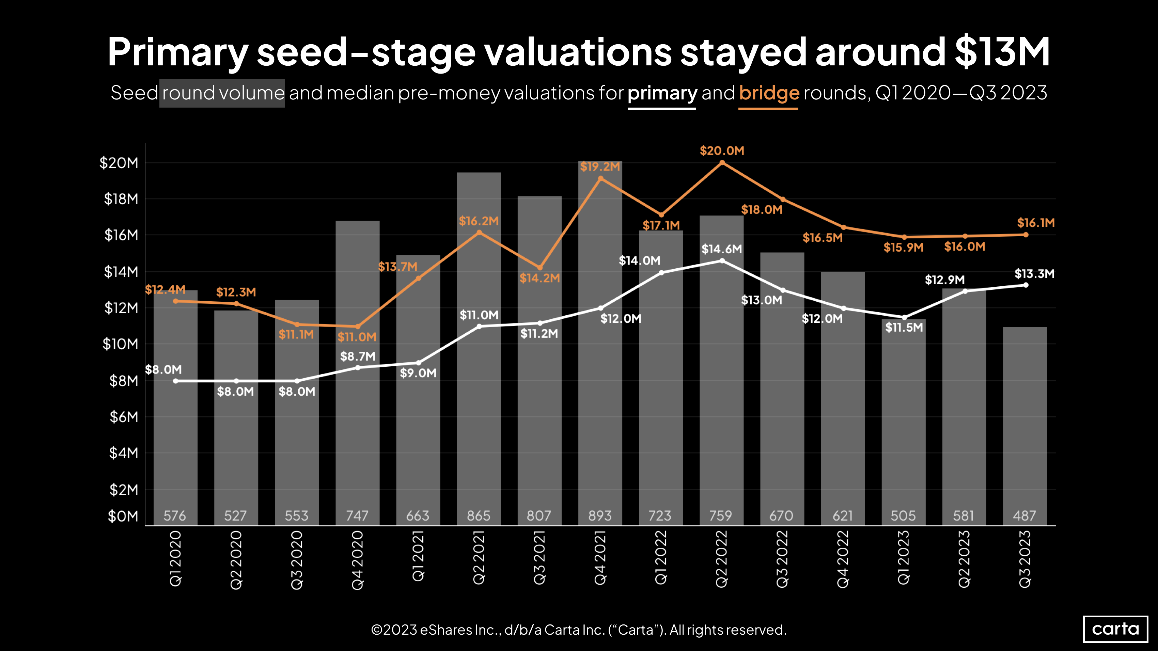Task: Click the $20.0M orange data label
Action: pyautogui.click(x=721, y=151)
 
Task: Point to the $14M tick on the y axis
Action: pyautogui.click(x=121, y=272)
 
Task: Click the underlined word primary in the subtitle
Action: pyautogui.click(x=662, y=93)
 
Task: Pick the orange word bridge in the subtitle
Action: pyautogui.click(x=769, y=93)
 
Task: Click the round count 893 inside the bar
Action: pyautogui.click(x=600, y=515)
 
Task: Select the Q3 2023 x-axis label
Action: pyautogui.click(x=1025, y=559)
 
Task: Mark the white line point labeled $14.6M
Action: pyautogui.click(x=722, y=260)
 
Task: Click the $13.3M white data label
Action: pyautogui.click(x=1034, y=274)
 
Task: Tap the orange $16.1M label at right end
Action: pyautogui.click(x=1035, y=223)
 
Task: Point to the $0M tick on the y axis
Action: pyautogui.click(x=123, y=516)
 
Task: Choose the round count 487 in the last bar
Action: pyautogui.click(x=1024, y=515)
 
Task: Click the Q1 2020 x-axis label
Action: pyautogui.click(x=175, y=559)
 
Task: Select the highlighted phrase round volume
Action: pyautogui.click(x=222, y=93)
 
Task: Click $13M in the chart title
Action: pyautogui.click(x=1002, y=52)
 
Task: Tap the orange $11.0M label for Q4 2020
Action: pyautogui.click(x=357, y=337)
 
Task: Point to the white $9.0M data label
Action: pyautogui.click(x=418, y=373)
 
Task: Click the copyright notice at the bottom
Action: pyautogui.click(x=579, y=630)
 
